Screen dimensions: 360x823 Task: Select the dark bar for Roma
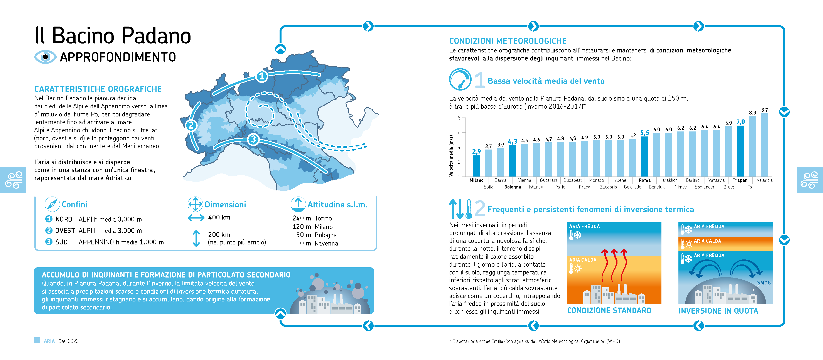pos(644,156)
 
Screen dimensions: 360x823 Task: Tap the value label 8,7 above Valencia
pos(764,110)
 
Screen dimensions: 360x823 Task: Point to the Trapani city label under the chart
pos(740,180)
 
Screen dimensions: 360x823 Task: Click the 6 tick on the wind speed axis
pos(459,133)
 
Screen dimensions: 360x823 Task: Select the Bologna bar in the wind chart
pos(513,161)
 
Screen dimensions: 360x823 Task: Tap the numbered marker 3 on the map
pos(253,139)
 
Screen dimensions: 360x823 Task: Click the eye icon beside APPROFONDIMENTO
pos(45,57)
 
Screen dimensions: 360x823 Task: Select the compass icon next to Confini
pos(52,204)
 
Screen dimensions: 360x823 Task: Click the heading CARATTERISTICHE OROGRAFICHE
pos(98,89)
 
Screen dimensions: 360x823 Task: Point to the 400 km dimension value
pos(219,217)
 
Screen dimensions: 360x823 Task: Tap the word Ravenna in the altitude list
pos(326,243)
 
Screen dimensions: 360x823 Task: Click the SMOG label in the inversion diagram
pos(764,283)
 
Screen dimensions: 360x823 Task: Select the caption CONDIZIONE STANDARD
pos(609,311)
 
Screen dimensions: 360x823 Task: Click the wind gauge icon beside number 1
pos(460,79)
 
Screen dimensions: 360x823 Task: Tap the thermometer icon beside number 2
pos(469,209)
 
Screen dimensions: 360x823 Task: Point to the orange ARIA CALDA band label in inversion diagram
pos(707,241)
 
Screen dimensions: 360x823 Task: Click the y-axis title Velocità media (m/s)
pos(451,156)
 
